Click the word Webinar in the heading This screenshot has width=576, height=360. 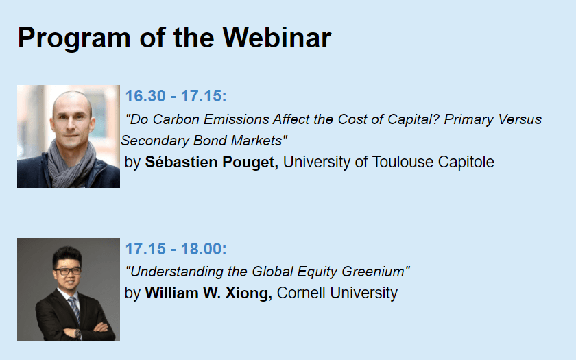277,38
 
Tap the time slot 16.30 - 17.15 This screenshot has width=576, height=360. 176,96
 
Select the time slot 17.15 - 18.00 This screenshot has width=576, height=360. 176,249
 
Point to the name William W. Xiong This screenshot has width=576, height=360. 208,293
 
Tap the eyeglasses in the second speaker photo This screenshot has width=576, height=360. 67,272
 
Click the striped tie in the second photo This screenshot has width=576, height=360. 74,309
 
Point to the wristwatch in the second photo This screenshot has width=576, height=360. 77,333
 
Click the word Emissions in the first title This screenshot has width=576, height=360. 238,119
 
